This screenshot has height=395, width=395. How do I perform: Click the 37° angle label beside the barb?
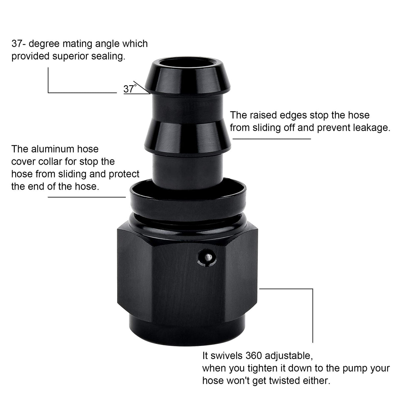[x=130, y=89]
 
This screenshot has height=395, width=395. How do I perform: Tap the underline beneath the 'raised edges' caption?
[x=272, y=139]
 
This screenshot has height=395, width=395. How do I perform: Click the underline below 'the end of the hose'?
[x=87, y=197]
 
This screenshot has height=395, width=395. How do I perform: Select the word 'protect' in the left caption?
[x=124, y=174]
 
